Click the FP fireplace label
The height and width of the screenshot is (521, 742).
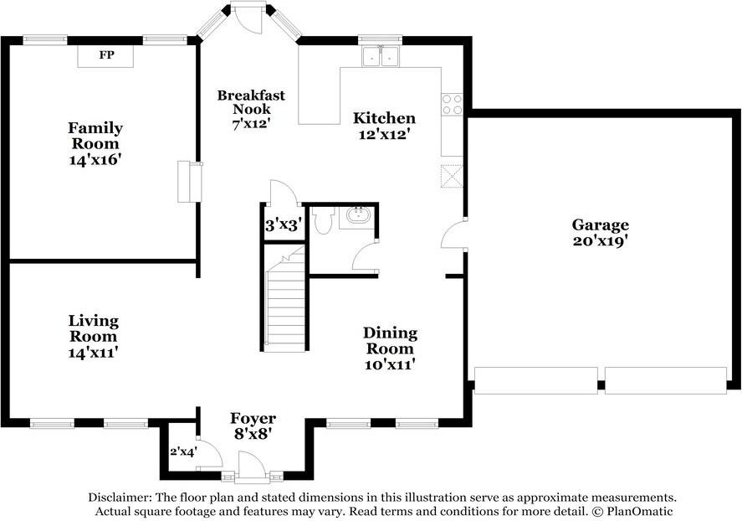[106, 55]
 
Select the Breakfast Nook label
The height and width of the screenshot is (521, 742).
[251, 102]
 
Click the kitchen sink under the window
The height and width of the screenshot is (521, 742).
[381, 57]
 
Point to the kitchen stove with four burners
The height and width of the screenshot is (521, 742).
[452, 104]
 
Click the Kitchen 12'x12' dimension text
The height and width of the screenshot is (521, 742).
[383, 135]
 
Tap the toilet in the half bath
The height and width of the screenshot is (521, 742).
[324, 220]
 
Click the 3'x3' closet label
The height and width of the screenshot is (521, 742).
[283, 225]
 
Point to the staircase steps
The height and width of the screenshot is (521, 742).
[285, 308]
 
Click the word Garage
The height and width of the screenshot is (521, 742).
[600, 225]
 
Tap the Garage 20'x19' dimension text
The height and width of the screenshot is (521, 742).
[600, 241]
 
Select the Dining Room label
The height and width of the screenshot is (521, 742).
[391, 341]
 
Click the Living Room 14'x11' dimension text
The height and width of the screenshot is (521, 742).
[93, 353]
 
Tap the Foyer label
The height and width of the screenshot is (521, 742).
[253, 419]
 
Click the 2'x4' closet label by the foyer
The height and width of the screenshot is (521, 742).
[183, 451]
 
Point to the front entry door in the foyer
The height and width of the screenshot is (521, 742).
[250, 466]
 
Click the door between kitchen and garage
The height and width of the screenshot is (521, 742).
[453, 233]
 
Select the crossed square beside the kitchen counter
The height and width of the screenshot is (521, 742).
[452, 176]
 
